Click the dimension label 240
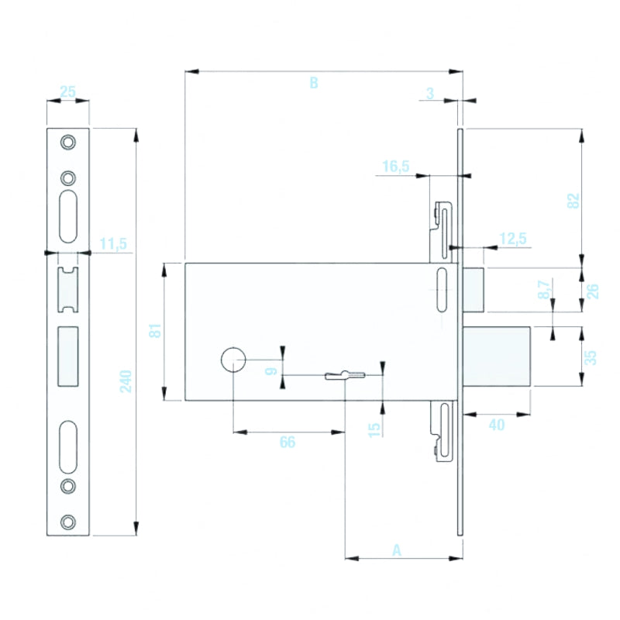click(126, 381)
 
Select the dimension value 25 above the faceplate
click(67, 92)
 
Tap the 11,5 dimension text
click(113, 245)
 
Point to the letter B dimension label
click(314, 83)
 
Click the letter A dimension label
click(398, 550)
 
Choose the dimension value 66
click(288, 443)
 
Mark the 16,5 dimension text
click(395, 167)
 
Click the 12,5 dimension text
click(512, 239)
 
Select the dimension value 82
click(573, 199)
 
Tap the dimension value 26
click(592, 291)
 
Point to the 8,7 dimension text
click(545, 291)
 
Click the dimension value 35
click(591, 357)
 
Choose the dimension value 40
click(497, 425)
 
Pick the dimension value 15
click(375, 429)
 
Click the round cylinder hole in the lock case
click(232, 360)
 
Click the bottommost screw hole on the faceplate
click(69, 521)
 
